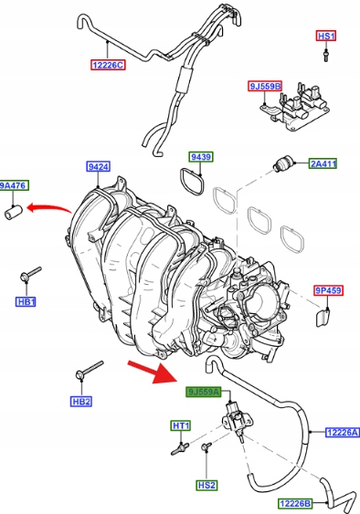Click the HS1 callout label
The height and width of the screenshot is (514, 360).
pos(326,36)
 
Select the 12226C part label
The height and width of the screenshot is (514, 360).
pos(108,65)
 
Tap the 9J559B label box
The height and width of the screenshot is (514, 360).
pos(265,86)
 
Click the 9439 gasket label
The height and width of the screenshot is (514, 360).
pos(201,157)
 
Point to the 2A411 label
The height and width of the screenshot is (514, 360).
pos(323,163)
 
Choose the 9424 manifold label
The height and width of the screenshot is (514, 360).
pos(98,166)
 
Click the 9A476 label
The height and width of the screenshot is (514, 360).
pos(14,185)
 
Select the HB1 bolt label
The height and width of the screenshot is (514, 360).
pos(26,301)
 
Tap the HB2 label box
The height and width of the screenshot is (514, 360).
pos(81,401)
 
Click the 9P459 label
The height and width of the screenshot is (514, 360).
pos(328,290)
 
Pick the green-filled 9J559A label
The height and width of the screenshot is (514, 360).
pos(204,392)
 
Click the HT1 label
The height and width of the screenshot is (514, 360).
pos(181,425)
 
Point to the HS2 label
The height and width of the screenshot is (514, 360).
pos(206,485)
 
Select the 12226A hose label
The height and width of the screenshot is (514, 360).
pos(343,433)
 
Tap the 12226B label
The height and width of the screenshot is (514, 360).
pos(295,503)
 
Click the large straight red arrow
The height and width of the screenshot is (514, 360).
pos(153,372)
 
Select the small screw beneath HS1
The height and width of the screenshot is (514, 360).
pos(325,55)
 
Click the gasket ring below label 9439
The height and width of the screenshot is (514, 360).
pos(192,182)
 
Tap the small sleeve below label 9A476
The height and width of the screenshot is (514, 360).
pos(13,212)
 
